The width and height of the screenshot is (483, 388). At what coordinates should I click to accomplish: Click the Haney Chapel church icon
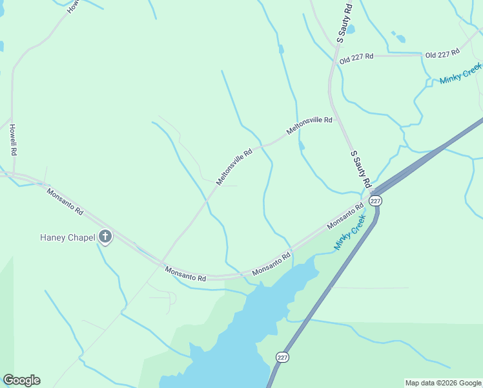[105, 237]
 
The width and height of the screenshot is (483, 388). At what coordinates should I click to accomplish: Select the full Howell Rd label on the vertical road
[12, 140]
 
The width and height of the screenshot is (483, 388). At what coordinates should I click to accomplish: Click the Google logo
[21, 380]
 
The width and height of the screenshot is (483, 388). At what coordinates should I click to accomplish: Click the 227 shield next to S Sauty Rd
[376, 200]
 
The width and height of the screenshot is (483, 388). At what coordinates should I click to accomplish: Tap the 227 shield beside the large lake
[282, 357]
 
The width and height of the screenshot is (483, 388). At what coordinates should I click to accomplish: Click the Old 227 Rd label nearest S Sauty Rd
[356, 58]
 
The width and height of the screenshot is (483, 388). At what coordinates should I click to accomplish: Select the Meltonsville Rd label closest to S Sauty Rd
[309, 125]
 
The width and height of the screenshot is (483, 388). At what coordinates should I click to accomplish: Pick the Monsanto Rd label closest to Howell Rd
[65, 201]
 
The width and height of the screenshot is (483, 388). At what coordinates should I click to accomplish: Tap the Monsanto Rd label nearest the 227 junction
[341, 215]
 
